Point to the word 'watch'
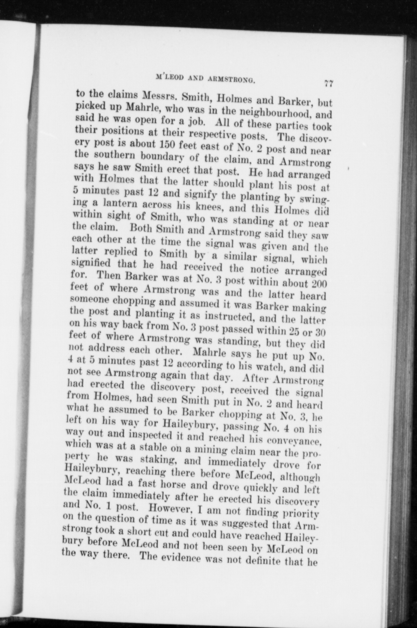click(285, 366)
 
